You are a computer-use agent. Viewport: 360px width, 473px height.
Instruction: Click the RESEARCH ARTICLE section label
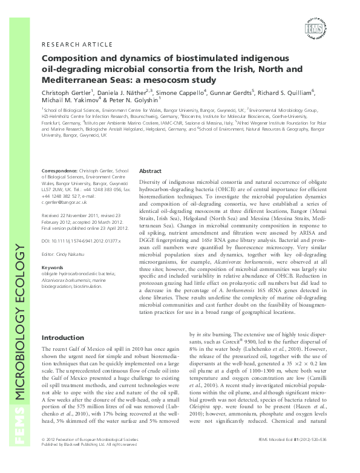click(x=76, y=45)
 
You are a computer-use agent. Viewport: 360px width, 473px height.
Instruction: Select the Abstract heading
click(x=150, y=171)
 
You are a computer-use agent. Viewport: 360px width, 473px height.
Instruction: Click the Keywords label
click(x=52, y=267)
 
